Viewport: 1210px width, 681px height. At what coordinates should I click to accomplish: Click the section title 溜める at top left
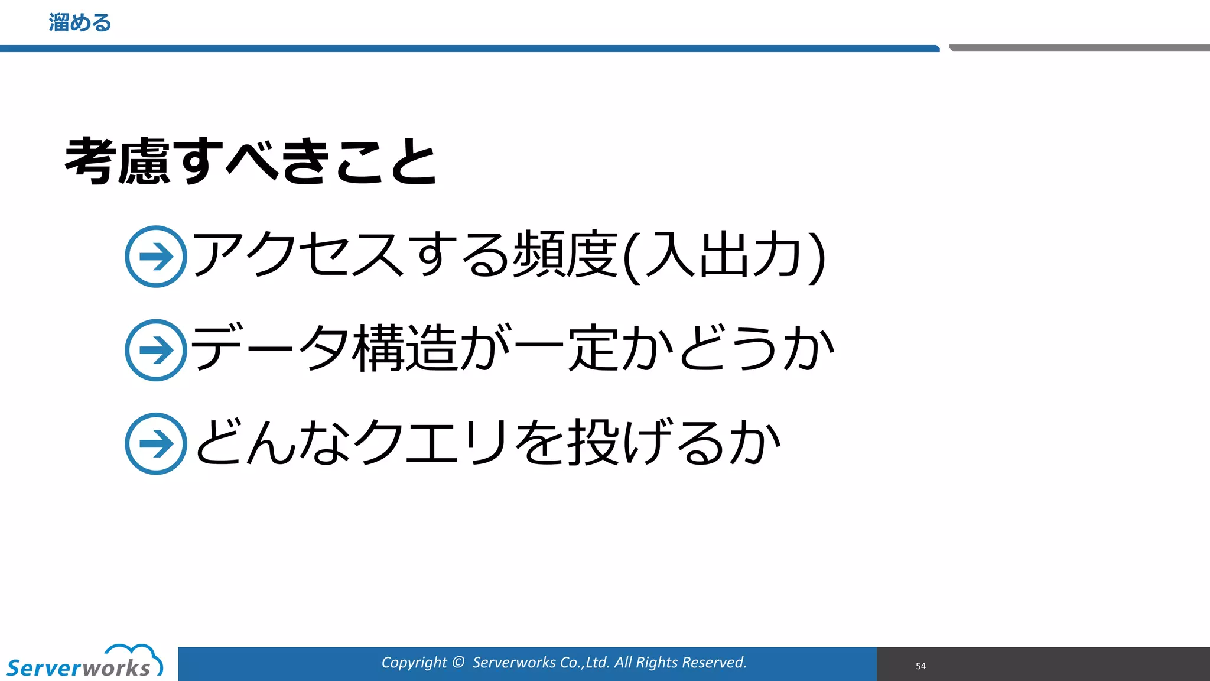(x=80, y=23)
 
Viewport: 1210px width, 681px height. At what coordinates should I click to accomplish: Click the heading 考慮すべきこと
(x=251, y=161)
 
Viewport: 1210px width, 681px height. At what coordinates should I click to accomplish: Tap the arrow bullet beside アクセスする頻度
(x=156, y=257)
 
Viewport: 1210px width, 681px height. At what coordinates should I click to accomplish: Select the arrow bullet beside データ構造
(x=156, y=350)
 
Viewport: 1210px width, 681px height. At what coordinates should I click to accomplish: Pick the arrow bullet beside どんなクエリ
(x=156, y=443)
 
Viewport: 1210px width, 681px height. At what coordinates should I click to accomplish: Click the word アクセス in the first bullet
(x=298, y=255)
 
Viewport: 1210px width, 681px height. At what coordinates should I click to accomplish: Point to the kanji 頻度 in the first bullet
(x=565, y=255)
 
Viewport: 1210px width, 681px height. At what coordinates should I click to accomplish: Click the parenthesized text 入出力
(x=724, y=255)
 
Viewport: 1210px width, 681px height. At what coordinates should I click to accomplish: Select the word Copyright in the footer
(x=414, y=663)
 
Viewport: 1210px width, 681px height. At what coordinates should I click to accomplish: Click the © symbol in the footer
(x=458, y=663)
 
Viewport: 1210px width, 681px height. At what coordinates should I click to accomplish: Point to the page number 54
(x=920, y=666)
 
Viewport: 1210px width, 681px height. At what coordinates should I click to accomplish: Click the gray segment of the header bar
(x=1079, y=48)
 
